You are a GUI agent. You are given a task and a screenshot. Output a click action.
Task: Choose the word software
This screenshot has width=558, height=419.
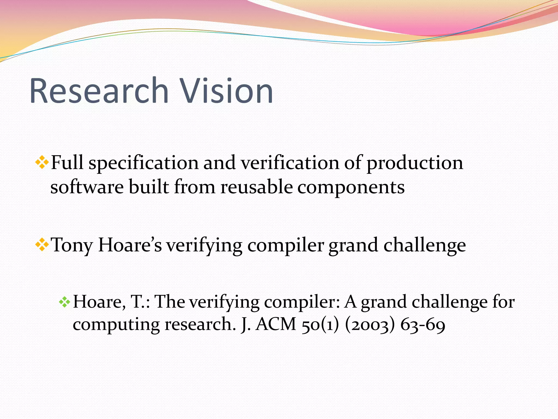(87, 187)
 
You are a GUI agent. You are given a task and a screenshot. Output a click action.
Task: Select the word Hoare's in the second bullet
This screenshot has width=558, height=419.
(130, 245)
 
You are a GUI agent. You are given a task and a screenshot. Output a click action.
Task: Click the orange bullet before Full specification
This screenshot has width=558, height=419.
(42, 163)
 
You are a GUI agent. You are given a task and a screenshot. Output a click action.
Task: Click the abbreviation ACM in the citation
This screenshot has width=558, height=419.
(276, 324)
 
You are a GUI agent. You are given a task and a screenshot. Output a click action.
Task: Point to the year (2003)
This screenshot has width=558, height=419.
(370, 325)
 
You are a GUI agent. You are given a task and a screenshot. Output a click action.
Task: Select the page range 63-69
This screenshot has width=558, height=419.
(423, 325)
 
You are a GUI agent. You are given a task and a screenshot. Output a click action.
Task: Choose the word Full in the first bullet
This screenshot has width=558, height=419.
(67, 163)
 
